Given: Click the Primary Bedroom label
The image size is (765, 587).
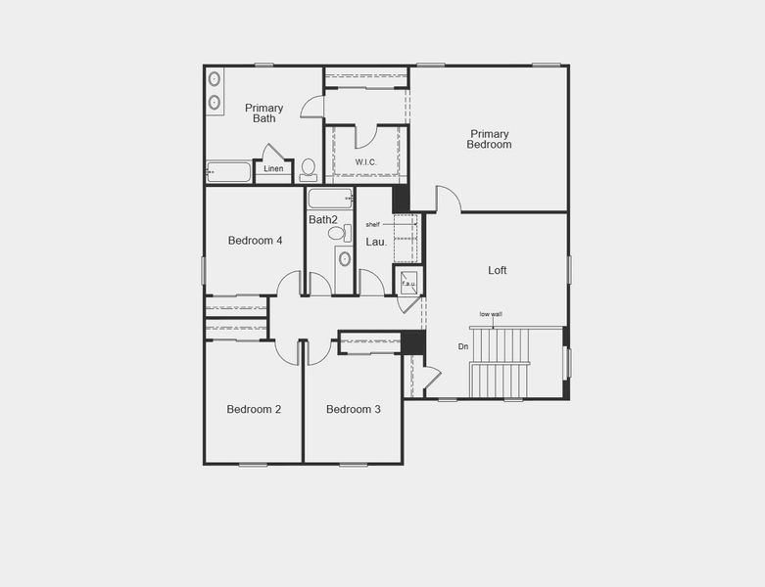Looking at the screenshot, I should click(x=490, y=139).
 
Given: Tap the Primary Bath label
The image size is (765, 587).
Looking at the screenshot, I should click(x=263, y=113).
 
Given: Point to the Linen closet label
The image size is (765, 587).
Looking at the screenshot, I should click(x=274, y=169).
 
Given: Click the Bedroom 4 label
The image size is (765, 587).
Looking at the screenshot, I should click(x=256, y=241).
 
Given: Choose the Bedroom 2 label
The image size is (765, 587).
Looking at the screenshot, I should click(x=254, y=409).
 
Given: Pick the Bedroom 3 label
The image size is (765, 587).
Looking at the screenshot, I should click(x=354, y=409).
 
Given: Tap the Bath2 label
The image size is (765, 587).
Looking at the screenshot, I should click(x=323, y=220).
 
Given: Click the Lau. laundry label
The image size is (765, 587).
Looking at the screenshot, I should click(x=376, y=242).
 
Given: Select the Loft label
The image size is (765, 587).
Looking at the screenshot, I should click(x=498, y=270).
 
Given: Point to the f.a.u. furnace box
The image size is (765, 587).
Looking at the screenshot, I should click(x=408, y=283).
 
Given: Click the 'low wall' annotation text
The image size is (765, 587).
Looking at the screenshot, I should click(x=491, y=314).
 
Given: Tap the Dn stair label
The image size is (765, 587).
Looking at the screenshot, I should click(x=463, y=346).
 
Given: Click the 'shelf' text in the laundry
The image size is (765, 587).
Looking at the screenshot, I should click(x=372, y=225).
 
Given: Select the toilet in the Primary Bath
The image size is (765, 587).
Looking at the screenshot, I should click(x=309, y=169).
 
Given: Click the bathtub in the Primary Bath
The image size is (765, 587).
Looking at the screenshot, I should click(x=228, y=173).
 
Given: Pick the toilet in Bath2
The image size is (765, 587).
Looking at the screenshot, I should click(x=338, y=234).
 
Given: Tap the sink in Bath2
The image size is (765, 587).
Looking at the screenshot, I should click(x=344, y=259).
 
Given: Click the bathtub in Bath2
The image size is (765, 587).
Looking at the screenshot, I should click(x=329, y=199).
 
